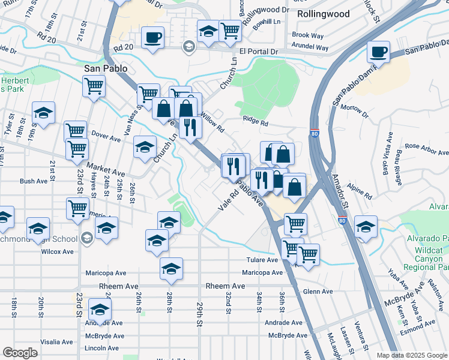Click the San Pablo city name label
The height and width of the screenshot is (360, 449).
[105, 69]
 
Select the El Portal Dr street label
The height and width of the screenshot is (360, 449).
[259, 52]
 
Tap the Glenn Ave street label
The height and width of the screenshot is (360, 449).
[318, 292]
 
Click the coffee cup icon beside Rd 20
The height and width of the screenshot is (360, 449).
[152, 38]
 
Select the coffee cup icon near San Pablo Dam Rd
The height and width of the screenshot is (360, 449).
[378, 52]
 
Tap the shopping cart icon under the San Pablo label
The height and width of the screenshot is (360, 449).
[94, 86]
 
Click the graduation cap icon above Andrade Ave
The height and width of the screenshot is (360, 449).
[100, 310]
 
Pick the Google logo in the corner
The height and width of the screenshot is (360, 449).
[20, 353]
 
